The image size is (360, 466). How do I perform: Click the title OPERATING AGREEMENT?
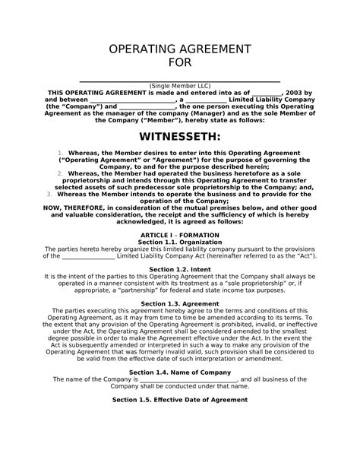point(180,51)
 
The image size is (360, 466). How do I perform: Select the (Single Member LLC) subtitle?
point(180,85)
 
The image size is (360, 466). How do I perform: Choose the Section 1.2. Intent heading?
point(180,269)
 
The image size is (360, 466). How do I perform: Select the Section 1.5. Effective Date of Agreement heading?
point(180,398)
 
